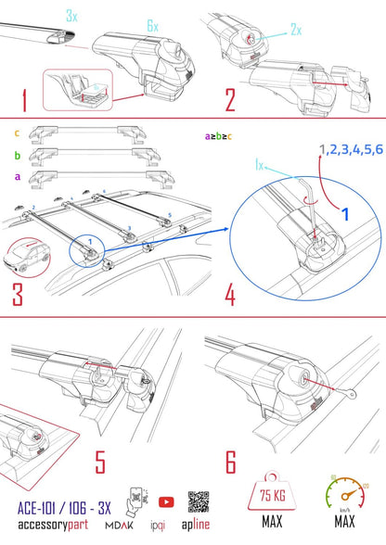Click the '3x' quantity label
[72, 17]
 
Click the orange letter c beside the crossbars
[18, 133]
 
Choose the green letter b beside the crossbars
[18, 155]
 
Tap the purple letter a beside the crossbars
[18, 176]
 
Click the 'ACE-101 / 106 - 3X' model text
[63, 507]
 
